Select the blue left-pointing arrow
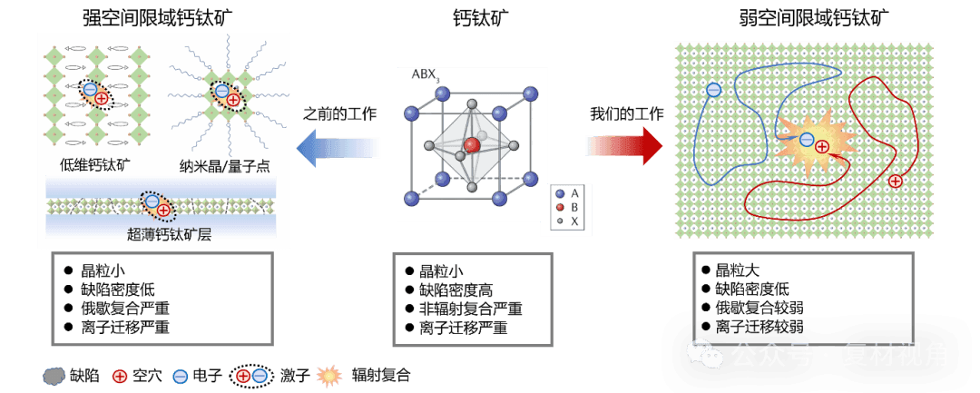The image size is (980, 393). pos(338,147)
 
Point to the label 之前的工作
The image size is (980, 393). pos(338,114)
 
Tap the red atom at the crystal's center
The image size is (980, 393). pos(471,145)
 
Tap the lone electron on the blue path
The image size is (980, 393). pos(713,89)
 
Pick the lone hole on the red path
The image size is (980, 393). pos(895,181)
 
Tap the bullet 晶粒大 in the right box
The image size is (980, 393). pos(739,270)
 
